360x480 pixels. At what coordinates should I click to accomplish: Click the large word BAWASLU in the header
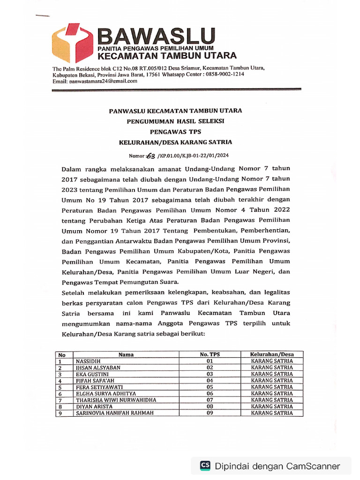tap(157, 36)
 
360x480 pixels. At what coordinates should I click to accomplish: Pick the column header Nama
tap(126, 355)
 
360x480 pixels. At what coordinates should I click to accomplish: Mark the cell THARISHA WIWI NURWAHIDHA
tap(115, 400)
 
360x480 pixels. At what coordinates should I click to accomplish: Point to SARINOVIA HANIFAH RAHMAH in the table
tap(114, 413)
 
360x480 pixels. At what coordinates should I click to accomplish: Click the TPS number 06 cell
tap(210, 394)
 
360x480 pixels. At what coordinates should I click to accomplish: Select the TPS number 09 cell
tap(210, 413)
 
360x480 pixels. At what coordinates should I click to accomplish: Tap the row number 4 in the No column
tap(60, 381)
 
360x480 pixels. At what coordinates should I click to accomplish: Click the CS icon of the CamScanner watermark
tap(205, 465)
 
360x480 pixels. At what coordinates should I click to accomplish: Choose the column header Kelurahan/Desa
tap(272, 355)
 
